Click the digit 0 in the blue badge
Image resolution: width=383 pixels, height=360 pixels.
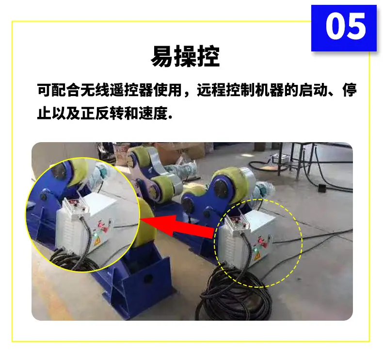tap(335, 26)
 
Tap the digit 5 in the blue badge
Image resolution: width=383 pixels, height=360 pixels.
tap(357, 26)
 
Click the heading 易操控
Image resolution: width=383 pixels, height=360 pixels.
tap(185, 56)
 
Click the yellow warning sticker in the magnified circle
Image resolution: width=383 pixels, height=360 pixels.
tap(96, 243)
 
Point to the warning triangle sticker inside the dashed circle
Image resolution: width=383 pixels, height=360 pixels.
tap(257, 256)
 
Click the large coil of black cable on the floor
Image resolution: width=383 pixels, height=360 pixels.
tap(235, 295)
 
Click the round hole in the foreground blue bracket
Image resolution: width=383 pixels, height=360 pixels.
tap(148, 278)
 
